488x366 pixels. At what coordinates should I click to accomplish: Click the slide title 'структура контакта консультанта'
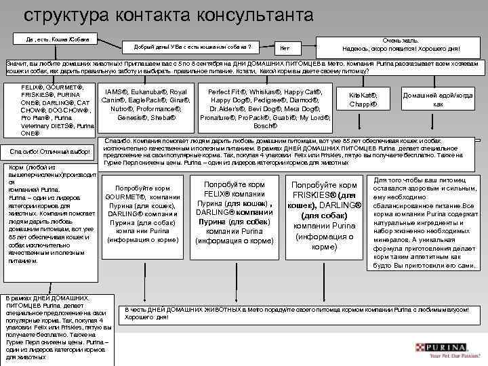(x=169, y=15)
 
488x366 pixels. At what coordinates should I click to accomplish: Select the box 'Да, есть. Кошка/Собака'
(x=60, y=39)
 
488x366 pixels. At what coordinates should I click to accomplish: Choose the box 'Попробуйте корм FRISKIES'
(x=324, y=215)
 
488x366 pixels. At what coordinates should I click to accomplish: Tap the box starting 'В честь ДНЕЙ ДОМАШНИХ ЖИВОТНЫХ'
(x=298, y=312)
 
